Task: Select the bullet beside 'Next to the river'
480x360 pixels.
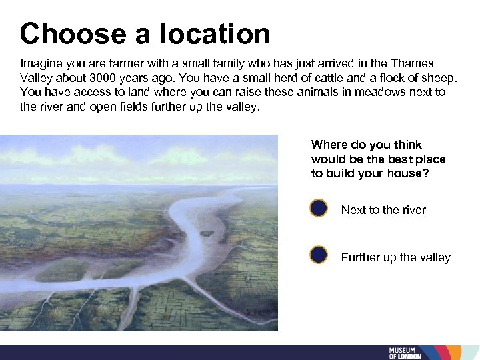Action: [x=319, y=208]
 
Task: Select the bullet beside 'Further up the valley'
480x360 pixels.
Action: [x=319, y=255]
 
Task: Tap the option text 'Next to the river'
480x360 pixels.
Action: [x=383, y=210]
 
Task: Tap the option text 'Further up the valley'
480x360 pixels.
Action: [x=396, y=257]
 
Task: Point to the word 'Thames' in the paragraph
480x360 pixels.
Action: [x=413, y=63]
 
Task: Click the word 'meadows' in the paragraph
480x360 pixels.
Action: [x=377, y=92]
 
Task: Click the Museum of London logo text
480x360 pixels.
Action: [x=405, y=353]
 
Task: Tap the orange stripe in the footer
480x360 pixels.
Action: [x=455, y=353]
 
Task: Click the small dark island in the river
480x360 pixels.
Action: [x=207, y=233]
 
